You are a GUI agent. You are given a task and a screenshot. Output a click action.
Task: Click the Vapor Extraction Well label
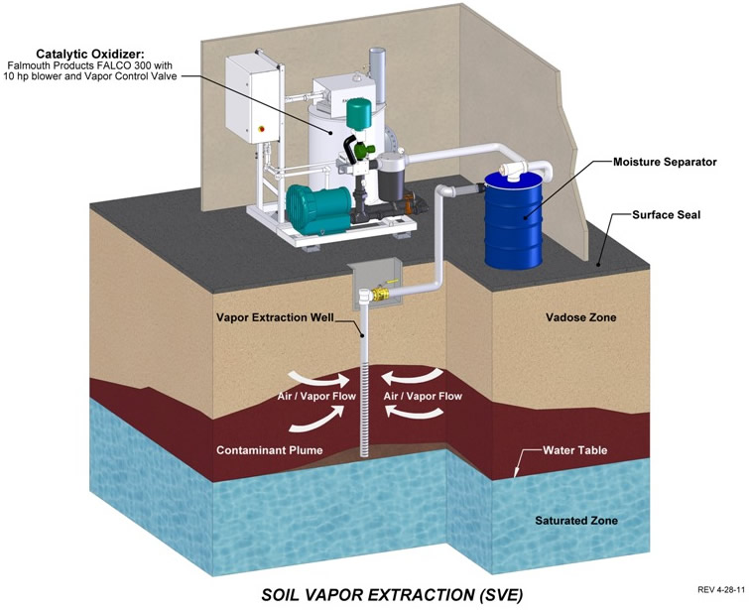(274, 319)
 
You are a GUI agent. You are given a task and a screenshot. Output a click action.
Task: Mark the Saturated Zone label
(575, 521)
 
